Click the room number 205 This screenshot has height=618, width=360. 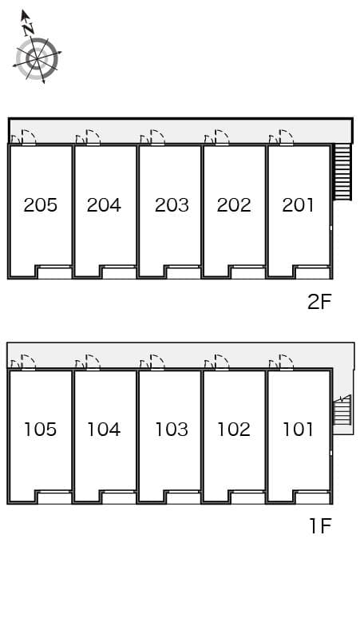41,205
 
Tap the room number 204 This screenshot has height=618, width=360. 104,205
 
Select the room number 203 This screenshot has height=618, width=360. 171,205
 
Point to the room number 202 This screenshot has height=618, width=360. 234,205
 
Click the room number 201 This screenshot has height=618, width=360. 299,205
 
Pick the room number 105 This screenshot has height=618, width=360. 41,430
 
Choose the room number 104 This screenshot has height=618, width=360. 104,430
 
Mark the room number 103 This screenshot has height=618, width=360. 171,430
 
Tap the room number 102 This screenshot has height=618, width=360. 234,430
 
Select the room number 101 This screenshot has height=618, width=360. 299,430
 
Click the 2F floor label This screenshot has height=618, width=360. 319,301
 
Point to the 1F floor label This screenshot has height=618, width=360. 319,526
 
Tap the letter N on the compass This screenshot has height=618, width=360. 29,29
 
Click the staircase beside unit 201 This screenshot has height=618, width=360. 342,172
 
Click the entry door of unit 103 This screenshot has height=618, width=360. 156,363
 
